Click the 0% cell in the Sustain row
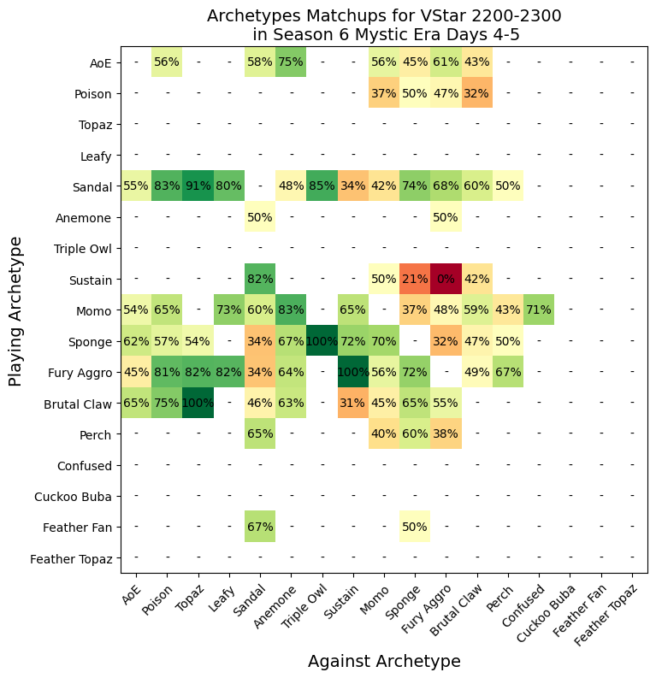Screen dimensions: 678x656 pyautogui.click(x=446, y=279)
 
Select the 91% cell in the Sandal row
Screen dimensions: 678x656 pyautogui.click(x=198, y=186)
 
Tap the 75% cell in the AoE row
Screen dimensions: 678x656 pyautogui.click(x=291, y=62)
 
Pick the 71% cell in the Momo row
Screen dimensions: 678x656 pyautogui.click(x=539, y=310)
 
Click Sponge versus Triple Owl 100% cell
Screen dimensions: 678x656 pyautogui.click(x=322, y=341)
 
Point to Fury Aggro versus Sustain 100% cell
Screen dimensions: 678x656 pyautogui.click(x=353, y=372)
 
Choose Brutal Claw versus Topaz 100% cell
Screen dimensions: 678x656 pyautogui.click(x=198, y=403)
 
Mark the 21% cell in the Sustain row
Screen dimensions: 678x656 pyautogui.click(x=415, y=279)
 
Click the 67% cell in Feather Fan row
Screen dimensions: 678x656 pyautogui.click(x=260, y=527)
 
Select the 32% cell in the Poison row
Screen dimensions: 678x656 pyautogui.click(x=476, y=93)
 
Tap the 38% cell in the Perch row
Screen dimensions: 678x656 pyautogui.click(x=446, y=434)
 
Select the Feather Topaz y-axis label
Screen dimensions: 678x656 pyautogui.click(x=71, y=558)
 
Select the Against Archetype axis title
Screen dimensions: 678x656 pyautogui.click(x=384, y=661)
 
